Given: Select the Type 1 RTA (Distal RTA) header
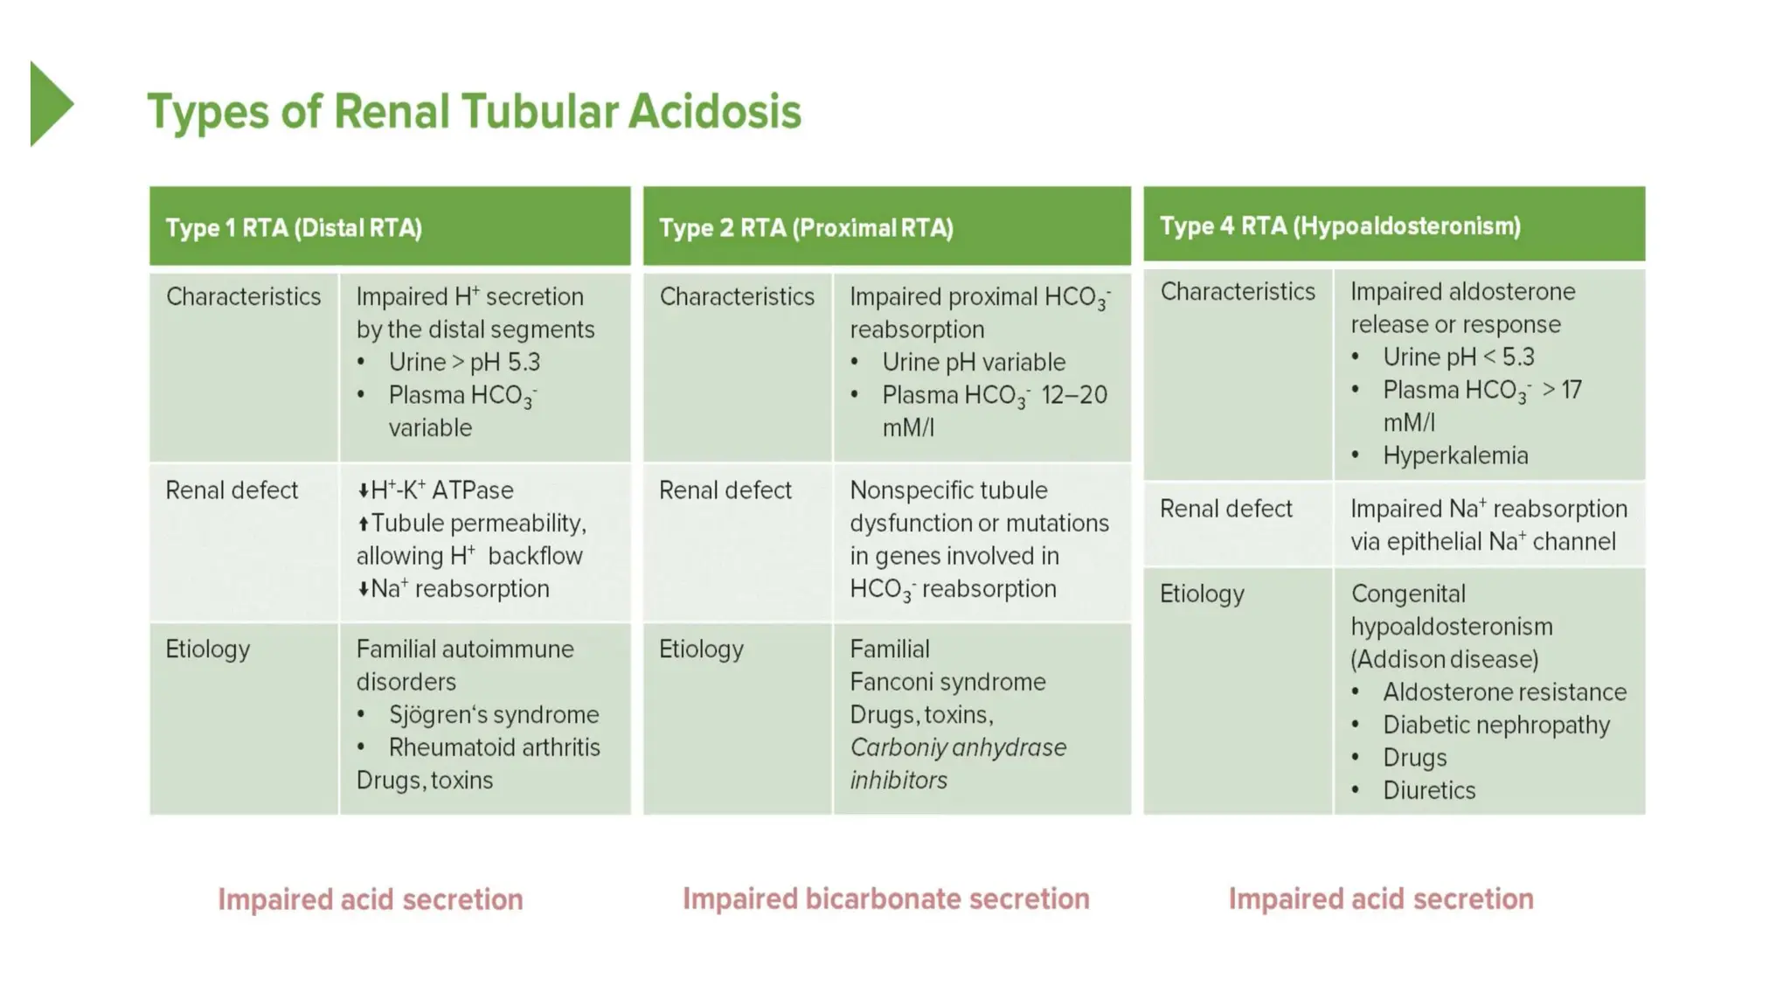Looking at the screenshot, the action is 294,228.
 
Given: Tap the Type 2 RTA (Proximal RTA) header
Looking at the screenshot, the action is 805,228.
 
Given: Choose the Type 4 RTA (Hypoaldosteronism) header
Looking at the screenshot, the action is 1339,226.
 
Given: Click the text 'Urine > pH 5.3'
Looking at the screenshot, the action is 464,362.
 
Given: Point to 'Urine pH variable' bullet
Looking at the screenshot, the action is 973,362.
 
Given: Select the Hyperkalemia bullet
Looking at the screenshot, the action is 1454,455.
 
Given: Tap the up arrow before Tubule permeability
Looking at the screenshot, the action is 363,524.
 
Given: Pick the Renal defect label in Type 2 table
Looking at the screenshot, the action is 725,490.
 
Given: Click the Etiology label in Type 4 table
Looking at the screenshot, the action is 1201,594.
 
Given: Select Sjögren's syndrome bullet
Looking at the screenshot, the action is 493,715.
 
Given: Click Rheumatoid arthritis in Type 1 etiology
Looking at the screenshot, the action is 494,747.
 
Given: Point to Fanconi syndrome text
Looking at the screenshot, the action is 947,682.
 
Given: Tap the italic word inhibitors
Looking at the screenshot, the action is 898,780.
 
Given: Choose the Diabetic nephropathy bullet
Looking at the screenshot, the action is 1495,725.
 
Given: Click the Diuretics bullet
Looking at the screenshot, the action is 1428,790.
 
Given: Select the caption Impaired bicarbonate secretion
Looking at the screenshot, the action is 885,899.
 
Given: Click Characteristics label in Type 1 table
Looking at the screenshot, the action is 243,297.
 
